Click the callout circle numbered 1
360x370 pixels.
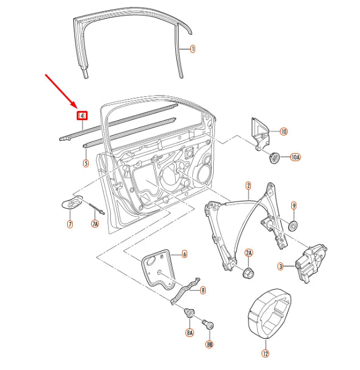tap(192, 50)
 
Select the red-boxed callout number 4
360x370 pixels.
tap(82, 116)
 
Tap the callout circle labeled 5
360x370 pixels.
tap(86, 163)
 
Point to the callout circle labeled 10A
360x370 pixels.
tap(295, 157)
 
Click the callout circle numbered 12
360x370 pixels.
tap(265, 353)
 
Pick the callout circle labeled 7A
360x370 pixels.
tap(95, 224)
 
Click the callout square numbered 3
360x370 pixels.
tap(281, 266)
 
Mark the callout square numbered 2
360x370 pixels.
tap(248, 186)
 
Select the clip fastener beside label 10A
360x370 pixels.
tap(275, 157)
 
